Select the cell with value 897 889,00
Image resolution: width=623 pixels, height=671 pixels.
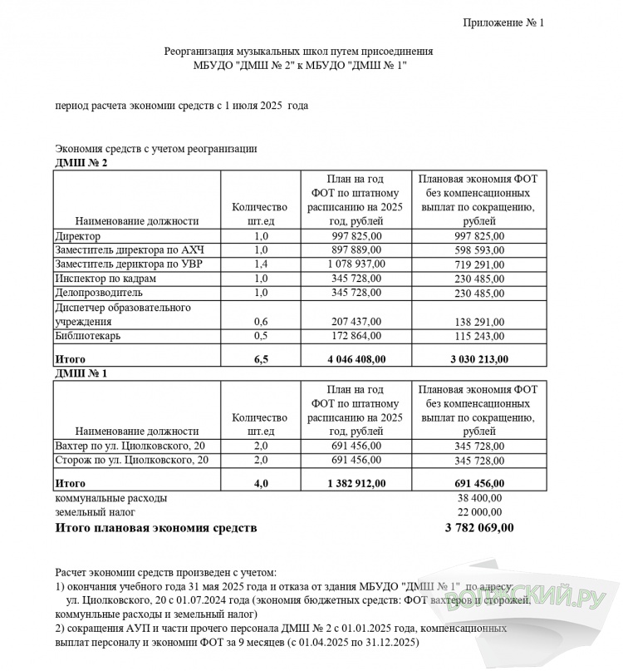356,250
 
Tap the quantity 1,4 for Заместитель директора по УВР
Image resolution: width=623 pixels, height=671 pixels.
261,264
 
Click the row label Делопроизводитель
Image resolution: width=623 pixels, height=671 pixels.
98,293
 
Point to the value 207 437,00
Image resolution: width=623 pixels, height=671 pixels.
356,321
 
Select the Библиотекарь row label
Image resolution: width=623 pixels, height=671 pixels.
87,336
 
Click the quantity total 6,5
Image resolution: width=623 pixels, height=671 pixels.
261,358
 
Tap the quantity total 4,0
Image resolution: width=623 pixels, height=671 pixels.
261,482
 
